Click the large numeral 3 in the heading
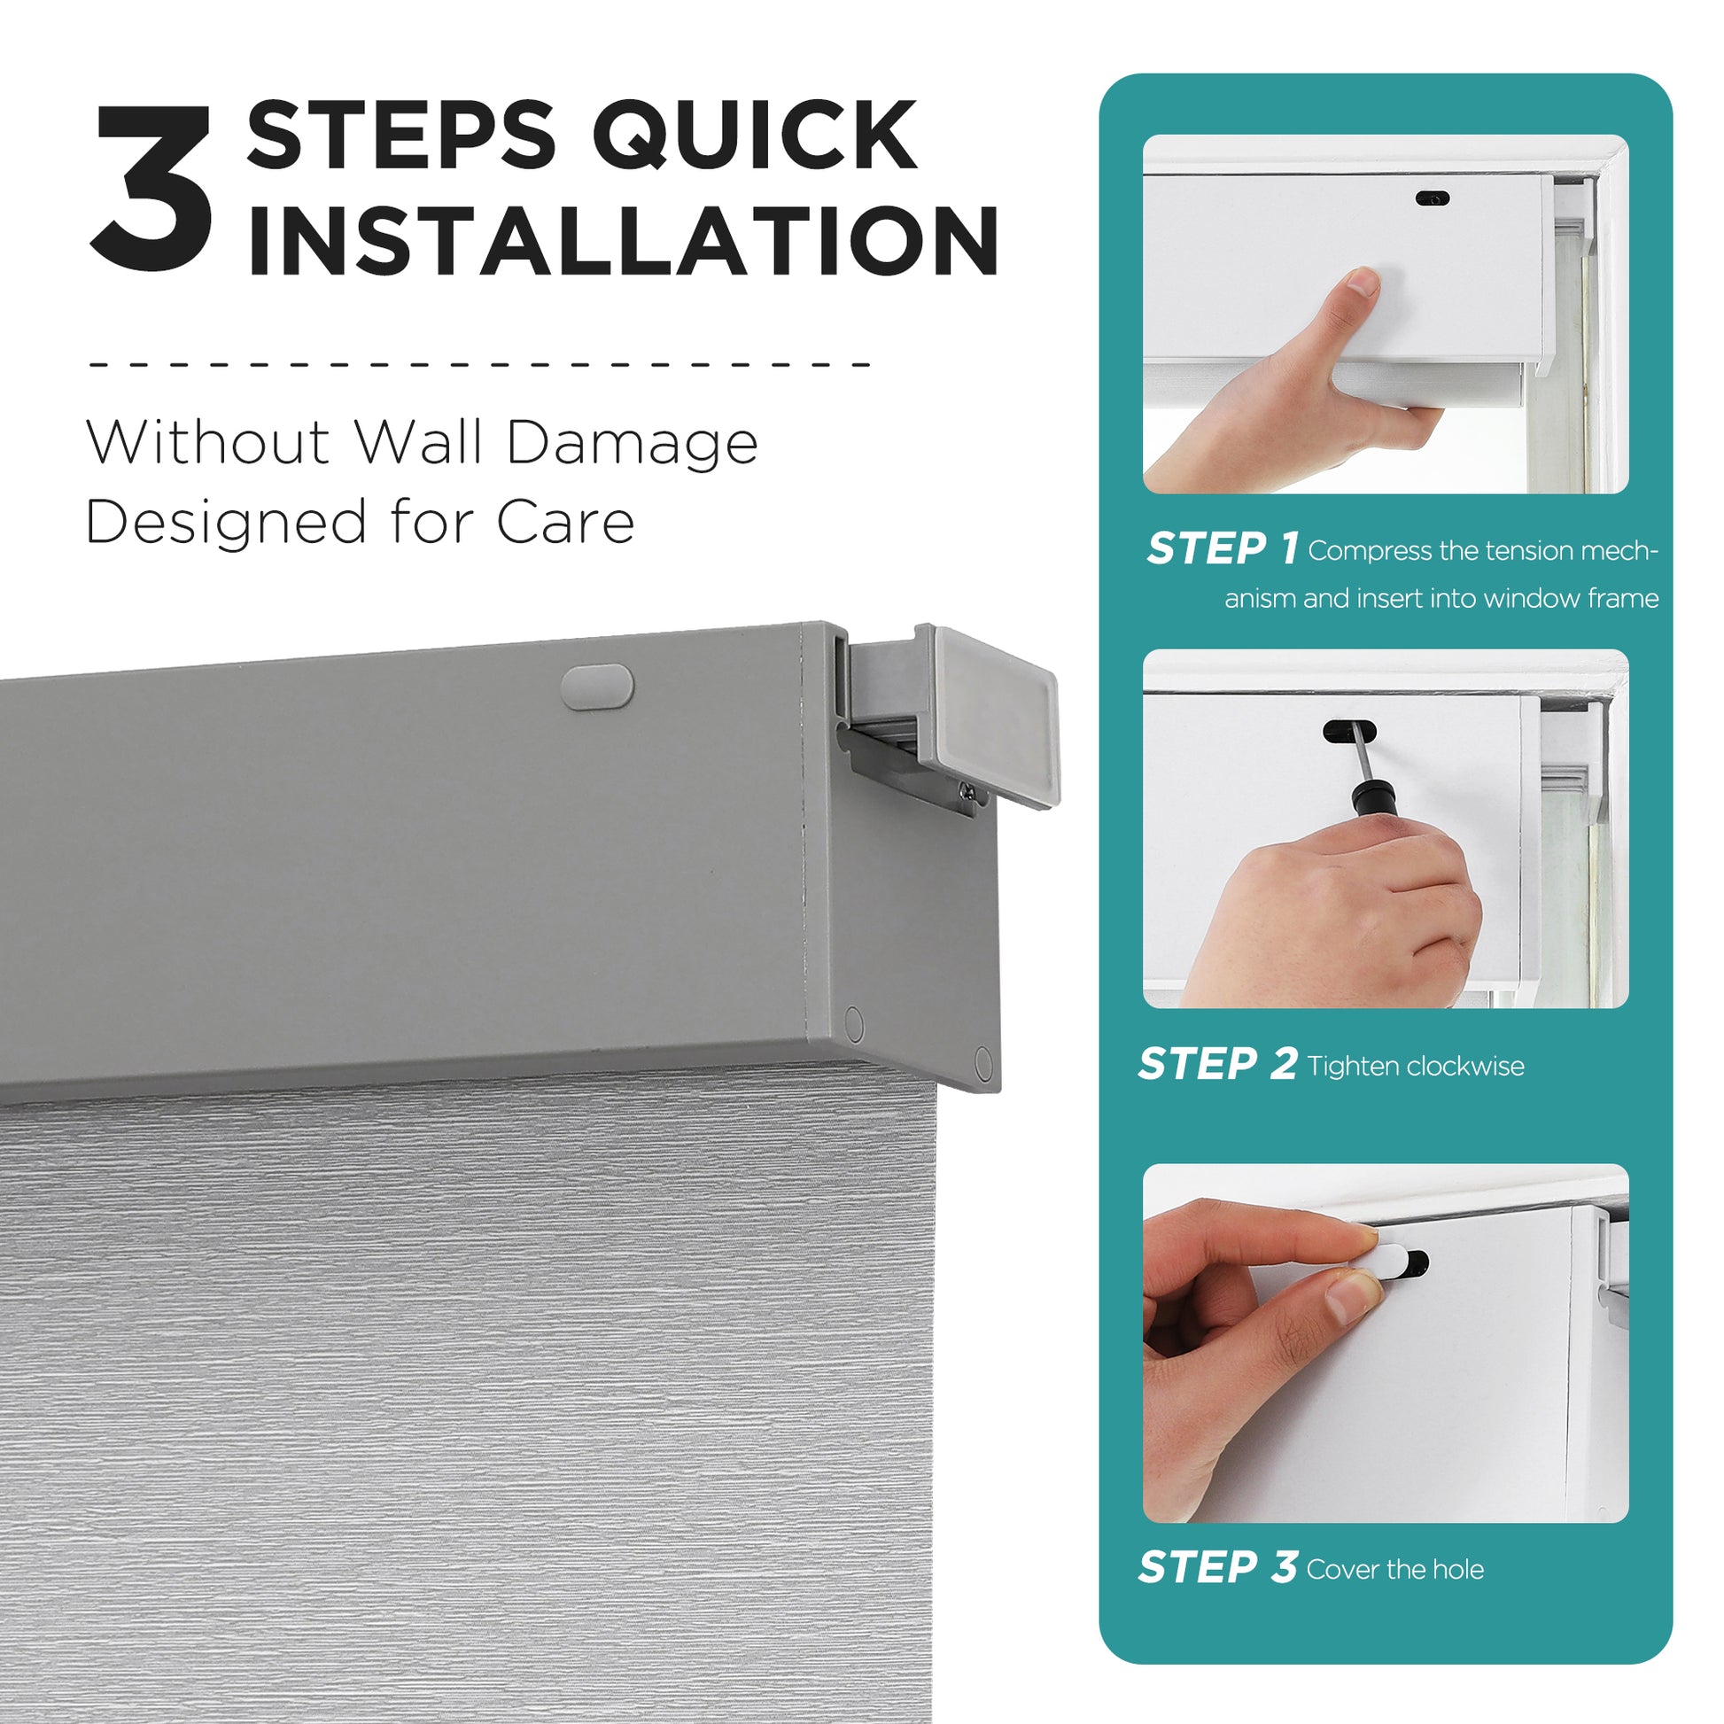[x=151, y=189]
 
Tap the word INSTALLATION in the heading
[x=623, y=241]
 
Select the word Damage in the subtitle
[x=632, y=444]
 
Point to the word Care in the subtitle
[x=565, y=521]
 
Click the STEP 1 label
[x=1223, y=547]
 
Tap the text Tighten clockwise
[x=1416, y=1067]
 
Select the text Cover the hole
[x=1395, y=1569]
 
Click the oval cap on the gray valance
[x=597, y=687]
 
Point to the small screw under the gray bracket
[x=967, y=789]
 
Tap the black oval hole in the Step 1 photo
[x=1433, y=198]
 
